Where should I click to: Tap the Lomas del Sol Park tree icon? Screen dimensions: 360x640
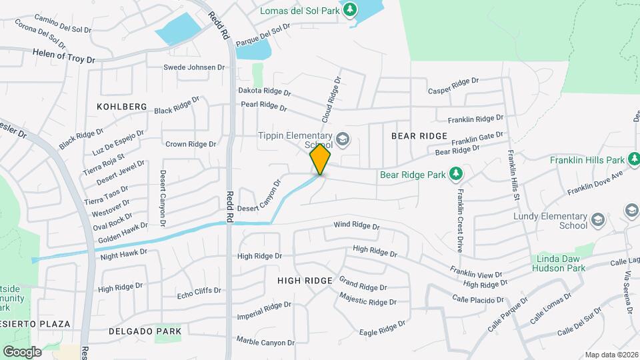[x=349, y=9]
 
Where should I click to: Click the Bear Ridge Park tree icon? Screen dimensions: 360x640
[x=456, y=174]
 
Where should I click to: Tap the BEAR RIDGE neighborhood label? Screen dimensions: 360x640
[x=419, y=135]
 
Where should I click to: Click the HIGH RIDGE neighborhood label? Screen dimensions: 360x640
[x=305, y=281]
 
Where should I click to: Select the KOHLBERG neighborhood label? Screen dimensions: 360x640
[x=121, y=107]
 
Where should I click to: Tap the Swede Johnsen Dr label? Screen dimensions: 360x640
[x=194, y=67]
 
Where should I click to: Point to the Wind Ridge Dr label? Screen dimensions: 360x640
[x=357, y=227]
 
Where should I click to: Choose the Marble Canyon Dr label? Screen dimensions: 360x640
[x=265, y=341]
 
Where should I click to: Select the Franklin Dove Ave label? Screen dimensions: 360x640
[x=595, y=182]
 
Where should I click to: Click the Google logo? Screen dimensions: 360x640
[x=22, y=351]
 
